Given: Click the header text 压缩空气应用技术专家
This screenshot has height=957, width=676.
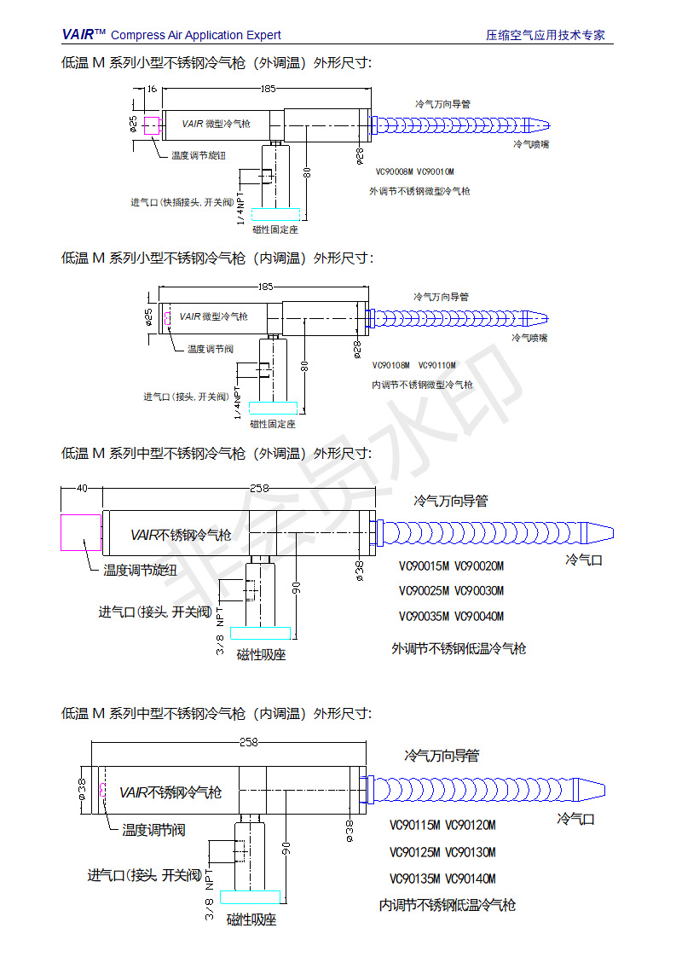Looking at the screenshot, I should (546, 35).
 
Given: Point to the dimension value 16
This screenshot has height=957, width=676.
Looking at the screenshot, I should (152, 89).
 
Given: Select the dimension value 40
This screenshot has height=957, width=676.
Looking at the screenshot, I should (82, 489).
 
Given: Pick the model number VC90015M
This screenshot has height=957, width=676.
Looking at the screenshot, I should (424, 565).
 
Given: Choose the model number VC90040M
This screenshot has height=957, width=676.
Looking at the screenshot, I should (479, 617).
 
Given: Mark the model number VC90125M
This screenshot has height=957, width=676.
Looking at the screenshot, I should (414, 852).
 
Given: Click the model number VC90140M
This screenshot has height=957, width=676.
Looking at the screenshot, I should (471, 879).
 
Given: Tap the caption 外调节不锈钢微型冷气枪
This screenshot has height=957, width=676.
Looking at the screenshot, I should (419, 191).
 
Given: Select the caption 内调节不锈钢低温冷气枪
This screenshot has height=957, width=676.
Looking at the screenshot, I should (448, 905).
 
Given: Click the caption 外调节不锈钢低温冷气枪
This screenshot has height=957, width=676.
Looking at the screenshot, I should (459, 648).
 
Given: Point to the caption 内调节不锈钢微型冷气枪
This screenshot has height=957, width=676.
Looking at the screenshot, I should (422, 385).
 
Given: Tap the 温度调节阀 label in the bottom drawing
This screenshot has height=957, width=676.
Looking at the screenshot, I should (153, 829).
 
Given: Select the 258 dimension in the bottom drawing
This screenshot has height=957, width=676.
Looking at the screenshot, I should (248, 742).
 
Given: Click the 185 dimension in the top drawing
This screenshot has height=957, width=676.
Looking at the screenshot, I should (268, 89).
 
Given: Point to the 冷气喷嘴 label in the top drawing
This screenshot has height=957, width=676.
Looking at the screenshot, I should (531, 144).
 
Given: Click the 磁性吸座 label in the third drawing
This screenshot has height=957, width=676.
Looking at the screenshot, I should (261, 655).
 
